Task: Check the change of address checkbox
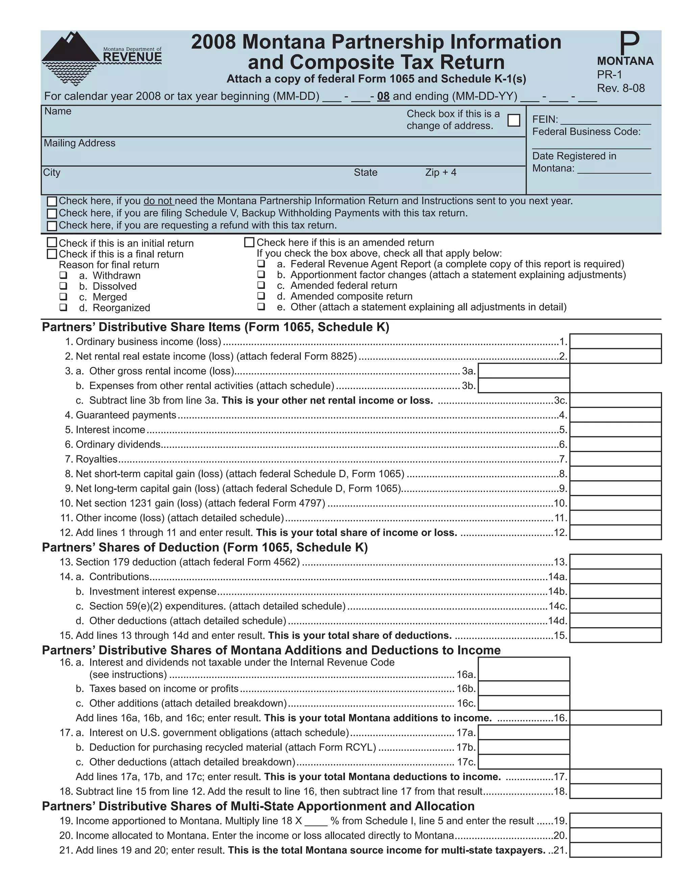click(513, 120)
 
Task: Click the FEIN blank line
click(605, 120)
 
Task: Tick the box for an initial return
click(52, 243)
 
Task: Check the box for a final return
click(52, 254)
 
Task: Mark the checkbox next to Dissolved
click(63, 286)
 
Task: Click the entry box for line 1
click(615, 341)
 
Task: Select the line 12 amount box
click(615, 532)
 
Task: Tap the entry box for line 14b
click(615, 591)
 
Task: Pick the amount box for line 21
click(615, 850)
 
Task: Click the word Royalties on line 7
click(97, 459)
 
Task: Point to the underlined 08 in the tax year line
click(383, 96)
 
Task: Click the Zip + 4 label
click(441, 173)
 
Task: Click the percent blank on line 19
click(316, 821)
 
